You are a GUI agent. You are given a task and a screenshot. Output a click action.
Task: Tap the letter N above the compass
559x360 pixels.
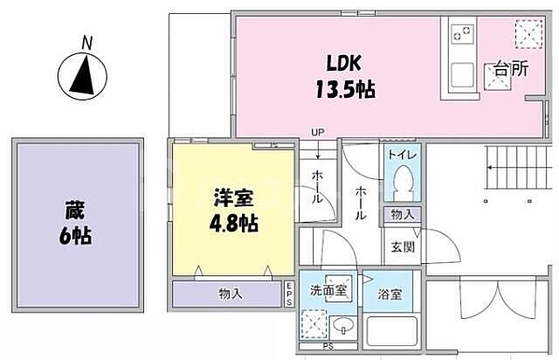click(86, 40)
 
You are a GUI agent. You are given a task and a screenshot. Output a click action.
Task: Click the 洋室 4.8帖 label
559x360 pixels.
click(229, 210)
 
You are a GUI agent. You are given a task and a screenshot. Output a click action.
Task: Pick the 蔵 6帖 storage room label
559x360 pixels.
click(78, 223)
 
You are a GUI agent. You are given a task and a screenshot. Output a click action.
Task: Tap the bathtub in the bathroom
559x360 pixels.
click(390, 333)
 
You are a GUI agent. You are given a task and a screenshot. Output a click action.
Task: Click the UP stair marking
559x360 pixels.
click(317, 133)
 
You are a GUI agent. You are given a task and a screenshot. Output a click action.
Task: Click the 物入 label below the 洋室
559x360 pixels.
click(230, 294)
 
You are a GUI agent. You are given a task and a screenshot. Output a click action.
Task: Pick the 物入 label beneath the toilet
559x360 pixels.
click(402, 214)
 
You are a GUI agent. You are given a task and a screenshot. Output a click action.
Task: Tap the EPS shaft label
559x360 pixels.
click(289, 294)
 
